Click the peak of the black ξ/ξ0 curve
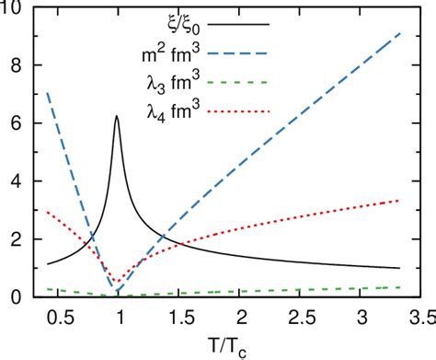117,116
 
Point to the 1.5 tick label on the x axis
181,317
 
